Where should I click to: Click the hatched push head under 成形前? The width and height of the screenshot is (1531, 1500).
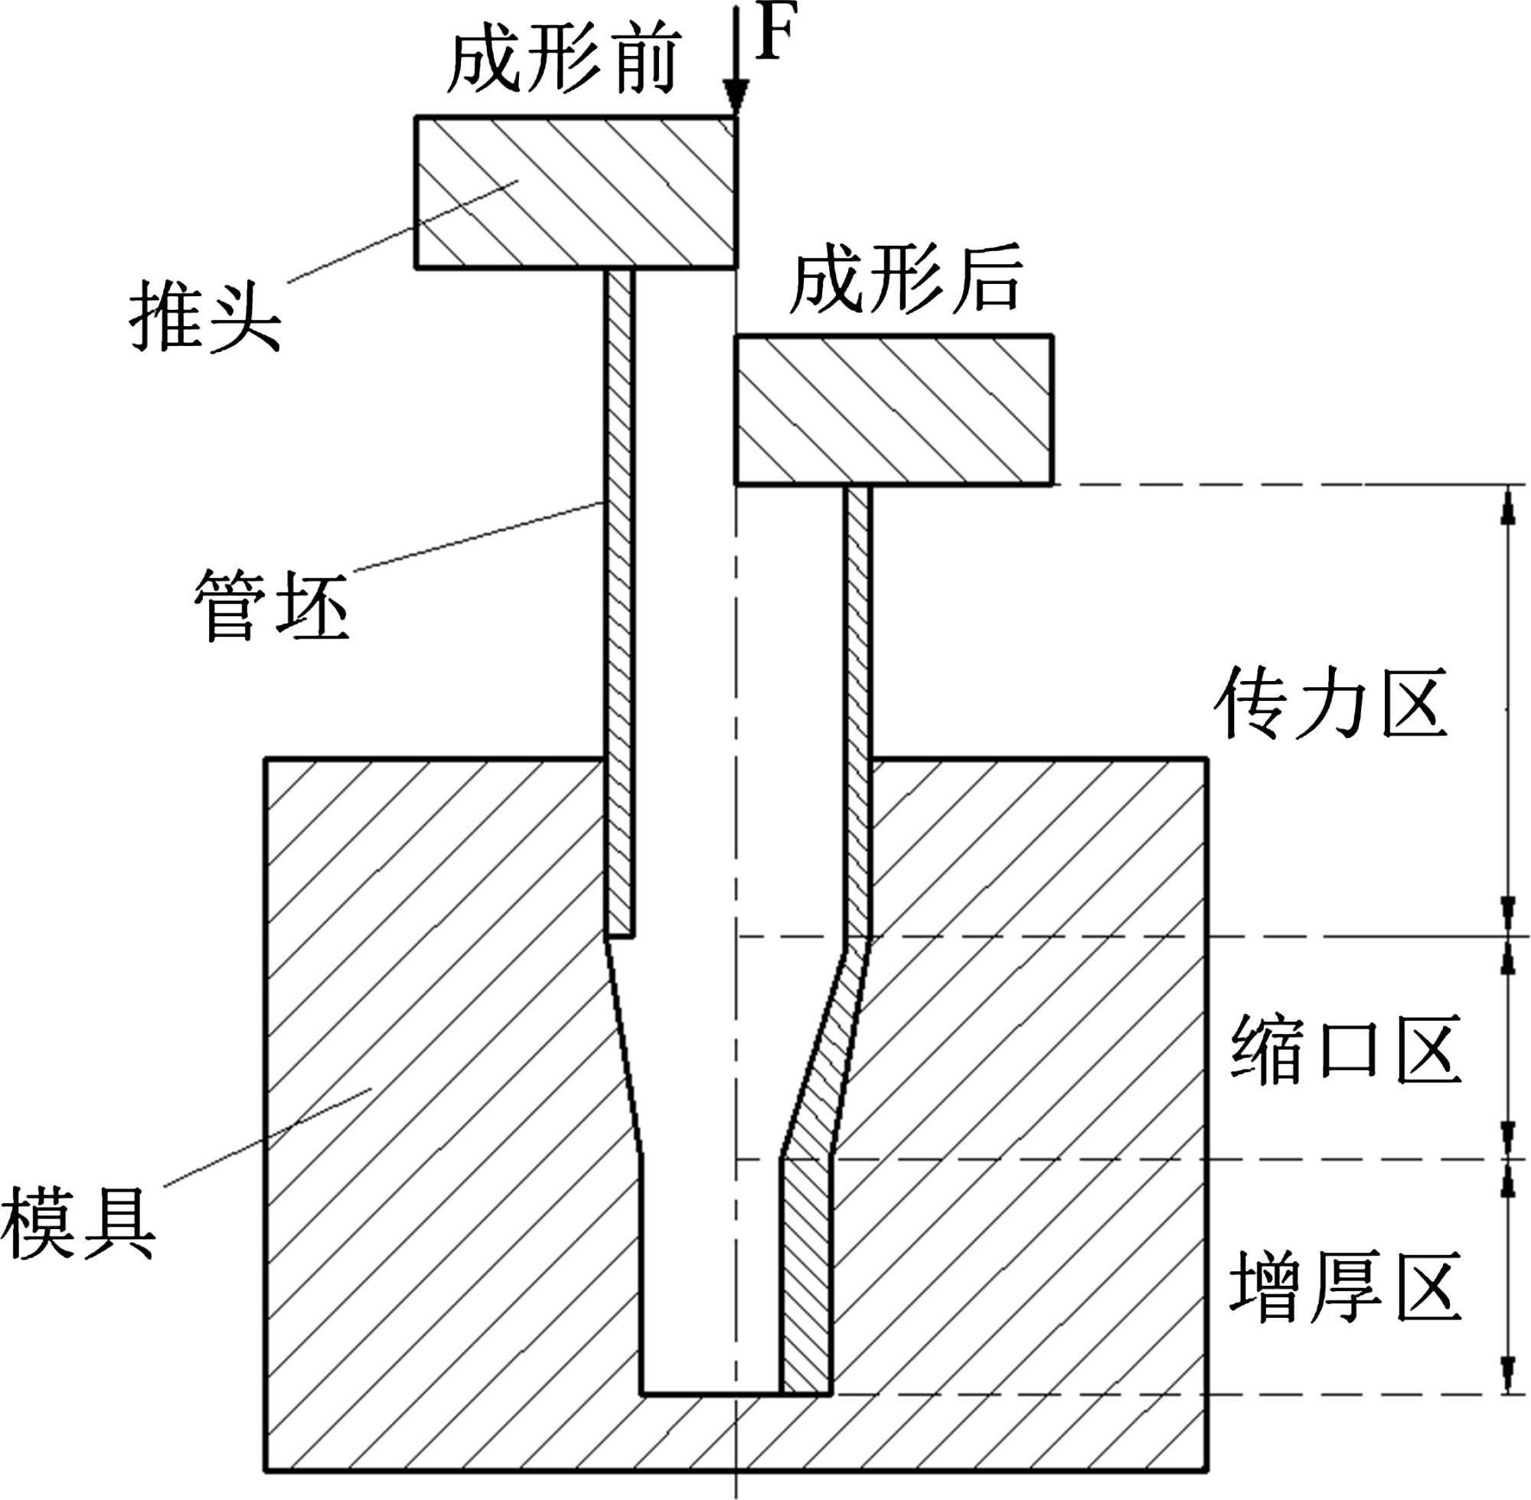click(x=575, y=192)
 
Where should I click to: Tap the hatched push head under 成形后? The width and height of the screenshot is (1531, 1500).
click(x=893, y=409)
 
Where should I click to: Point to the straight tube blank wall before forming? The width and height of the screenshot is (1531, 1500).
click(x=619, y=598)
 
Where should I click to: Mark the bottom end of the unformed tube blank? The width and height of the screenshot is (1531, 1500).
click(x=619, y=935)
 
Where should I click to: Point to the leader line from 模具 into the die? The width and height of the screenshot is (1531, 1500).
click(x=268, y=1134)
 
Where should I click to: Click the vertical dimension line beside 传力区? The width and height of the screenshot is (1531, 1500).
click(x=1507, y=709)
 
